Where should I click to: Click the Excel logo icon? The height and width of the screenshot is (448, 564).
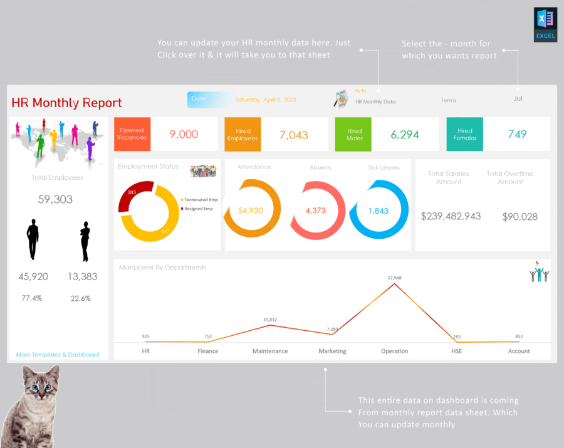pyautogui.click(x=545, y=24)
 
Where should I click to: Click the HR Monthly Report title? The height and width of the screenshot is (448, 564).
pyautogui.click(x=67, y=103)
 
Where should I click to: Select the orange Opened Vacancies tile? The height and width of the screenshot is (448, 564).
pyautogui.click(x=132, y=134)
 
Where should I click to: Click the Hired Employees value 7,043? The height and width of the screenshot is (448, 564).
pyautogui.click(x=294, y=135)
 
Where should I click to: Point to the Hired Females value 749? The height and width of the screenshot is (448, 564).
pyautogui.click(x=517, y=134)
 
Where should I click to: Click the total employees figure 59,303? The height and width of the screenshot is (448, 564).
pyautogui.click(x=55, y=199)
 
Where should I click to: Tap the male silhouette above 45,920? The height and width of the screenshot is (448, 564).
pyautogui.click(x=33, y=239)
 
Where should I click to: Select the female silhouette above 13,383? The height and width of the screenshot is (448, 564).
pyautogui.click(x=85, y=241)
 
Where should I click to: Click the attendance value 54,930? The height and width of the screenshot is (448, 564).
pyautogui.click(x=251, y=211)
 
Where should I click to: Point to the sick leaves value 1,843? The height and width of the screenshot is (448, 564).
pyautogui.click(x=379, y=211)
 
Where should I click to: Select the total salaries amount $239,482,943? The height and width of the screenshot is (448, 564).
pyautogui.click(x=451, y=216)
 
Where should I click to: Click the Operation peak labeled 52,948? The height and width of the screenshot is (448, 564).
pyautogui.click(x=395, y=284)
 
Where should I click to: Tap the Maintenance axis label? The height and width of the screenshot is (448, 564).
pyautogui.click(x=270, y=351)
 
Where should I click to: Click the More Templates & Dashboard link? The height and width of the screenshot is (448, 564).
pyautogui.click(x=58, y=355)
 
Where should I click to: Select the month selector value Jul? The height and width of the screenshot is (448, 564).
pyautogui.click(x=518, y=98)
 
